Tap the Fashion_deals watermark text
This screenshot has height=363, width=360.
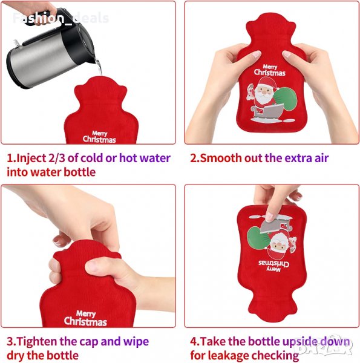click(61, 18)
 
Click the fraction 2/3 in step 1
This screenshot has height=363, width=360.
click(57, 159)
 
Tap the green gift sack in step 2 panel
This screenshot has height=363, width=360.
click(286, 100)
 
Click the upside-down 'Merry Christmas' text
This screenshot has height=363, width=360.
click(273, 266)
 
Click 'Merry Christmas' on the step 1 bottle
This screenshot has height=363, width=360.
click(99, 137)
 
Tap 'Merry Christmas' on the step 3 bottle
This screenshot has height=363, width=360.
click(85, 318)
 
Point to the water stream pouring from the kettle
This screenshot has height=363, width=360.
click(99, 67)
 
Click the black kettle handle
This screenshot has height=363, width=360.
click(50, 17)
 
